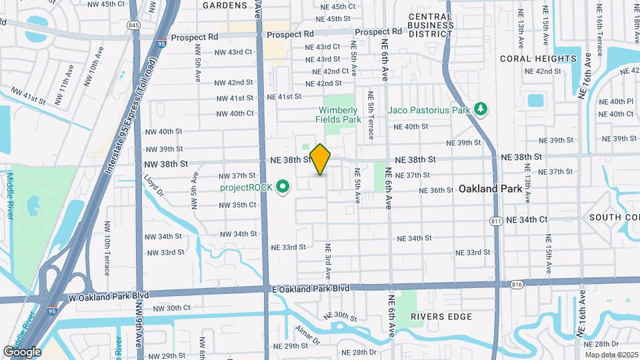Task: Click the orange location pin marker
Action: click(x=320, y=159)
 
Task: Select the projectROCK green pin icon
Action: click(x=283, y=187)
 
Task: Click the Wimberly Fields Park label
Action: click(x=338, y=115)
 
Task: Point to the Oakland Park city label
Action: click(x=490, y=189)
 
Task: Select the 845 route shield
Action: click(x=135, y=25)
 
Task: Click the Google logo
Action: click(x=22, y=351)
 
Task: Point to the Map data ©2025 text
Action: click(x=611, y=354)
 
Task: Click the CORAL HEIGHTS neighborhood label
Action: click(x=538, y=59)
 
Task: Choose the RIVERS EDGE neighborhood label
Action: click(x=436, y=316)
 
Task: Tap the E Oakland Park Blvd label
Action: click(x=311, y=288)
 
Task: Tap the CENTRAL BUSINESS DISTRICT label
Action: click(x=421, y=25)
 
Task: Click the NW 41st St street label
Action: click(x=233, y=98)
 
